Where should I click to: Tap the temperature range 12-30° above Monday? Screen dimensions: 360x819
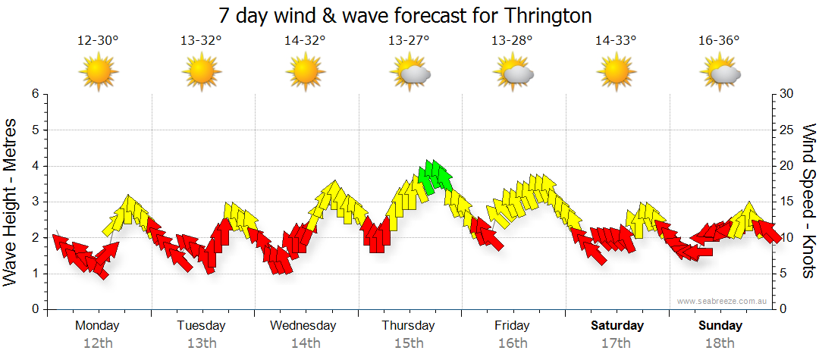98,41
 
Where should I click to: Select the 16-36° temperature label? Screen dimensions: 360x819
720,41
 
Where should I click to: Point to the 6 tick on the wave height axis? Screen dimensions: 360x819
34,94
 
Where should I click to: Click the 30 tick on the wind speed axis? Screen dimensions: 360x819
786,94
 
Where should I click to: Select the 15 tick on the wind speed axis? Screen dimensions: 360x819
786,202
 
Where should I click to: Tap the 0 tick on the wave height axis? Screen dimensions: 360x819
34,309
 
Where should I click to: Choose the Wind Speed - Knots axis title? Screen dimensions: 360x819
808,201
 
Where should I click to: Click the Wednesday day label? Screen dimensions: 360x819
303,326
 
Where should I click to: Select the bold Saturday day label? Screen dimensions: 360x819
617,326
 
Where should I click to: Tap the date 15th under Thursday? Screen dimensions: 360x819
409,343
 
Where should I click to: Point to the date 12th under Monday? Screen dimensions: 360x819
98,343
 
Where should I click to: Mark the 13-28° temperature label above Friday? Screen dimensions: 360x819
513,41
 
